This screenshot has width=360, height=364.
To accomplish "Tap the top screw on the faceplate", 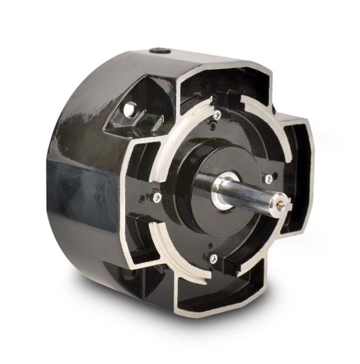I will coord(217,113).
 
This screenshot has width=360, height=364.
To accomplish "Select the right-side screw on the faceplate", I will coord(268,178).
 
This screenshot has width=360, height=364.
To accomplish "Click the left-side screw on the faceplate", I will coord(157,197).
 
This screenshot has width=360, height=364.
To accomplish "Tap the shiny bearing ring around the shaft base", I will coord(222,192).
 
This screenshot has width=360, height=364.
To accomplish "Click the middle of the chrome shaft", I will coord(252,199).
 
